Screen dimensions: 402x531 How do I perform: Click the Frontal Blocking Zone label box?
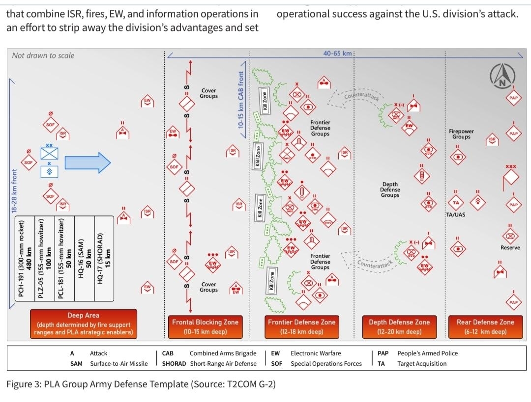205,327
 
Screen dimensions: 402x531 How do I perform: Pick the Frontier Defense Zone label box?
301,327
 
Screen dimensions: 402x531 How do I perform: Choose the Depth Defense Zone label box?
399,327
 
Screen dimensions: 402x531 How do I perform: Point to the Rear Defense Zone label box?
485,327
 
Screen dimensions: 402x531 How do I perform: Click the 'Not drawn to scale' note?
43,55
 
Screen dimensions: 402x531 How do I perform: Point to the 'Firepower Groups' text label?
461,134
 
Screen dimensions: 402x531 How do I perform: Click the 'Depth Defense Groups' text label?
390,190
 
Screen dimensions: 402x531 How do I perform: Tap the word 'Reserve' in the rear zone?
510,247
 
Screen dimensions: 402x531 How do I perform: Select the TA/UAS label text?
456,215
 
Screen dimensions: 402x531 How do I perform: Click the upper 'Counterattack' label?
361,95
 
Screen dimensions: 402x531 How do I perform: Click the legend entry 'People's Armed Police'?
427,353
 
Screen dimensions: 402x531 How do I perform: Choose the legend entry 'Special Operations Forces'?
326,364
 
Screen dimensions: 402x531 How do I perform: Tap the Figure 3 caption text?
141,384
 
